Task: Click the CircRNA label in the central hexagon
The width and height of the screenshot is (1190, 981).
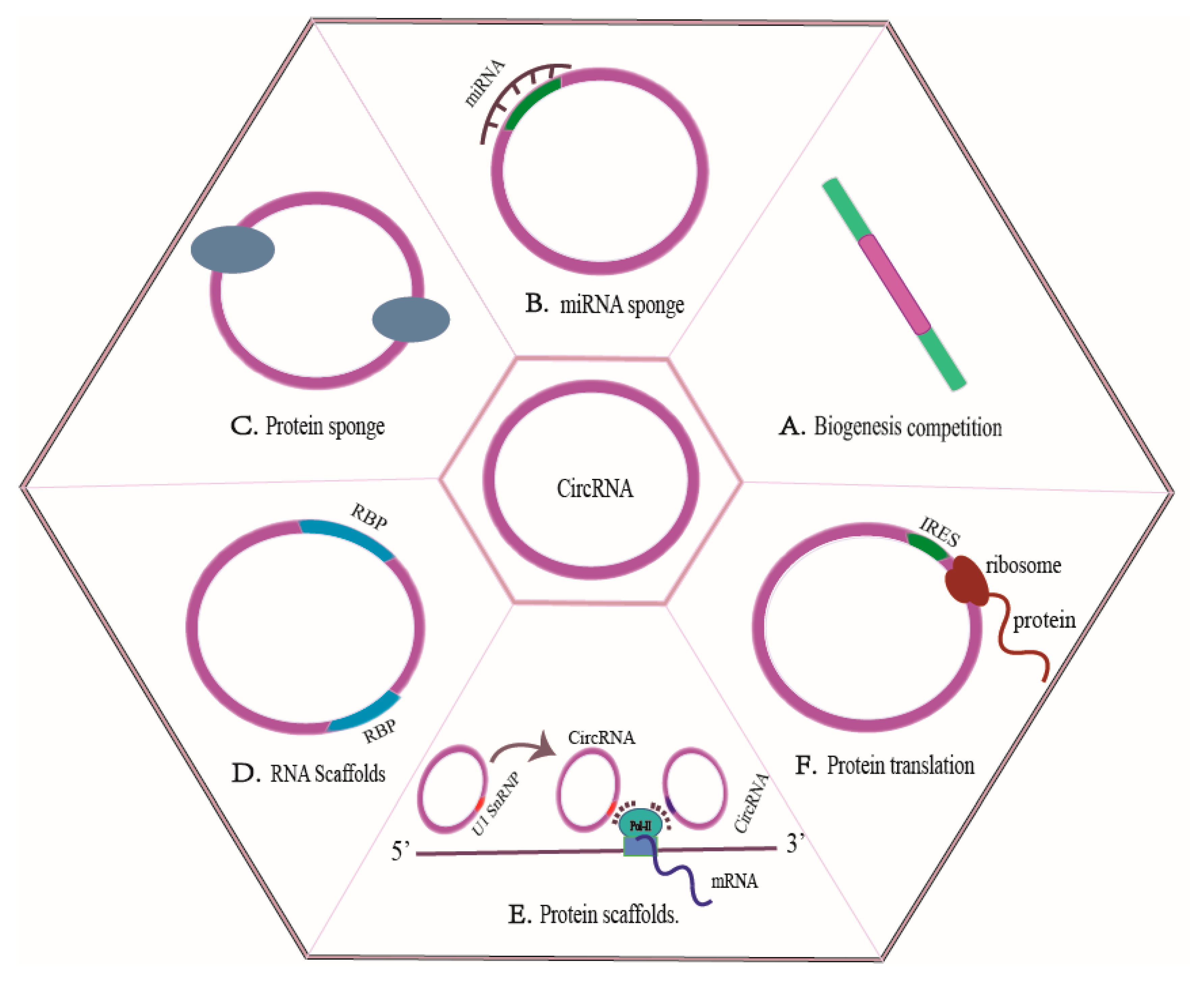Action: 594,488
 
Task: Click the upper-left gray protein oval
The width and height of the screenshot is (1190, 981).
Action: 232,249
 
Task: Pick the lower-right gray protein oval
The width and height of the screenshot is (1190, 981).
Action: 411,319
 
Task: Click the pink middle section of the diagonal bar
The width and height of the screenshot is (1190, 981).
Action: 894,284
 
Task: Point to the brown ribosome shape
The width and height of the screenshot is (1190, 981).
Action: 966,581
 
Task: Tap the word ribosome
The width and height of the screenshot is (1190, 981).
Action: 1023,566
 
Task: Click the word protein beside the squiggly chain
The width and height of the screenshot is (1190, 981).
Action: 1044,621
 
